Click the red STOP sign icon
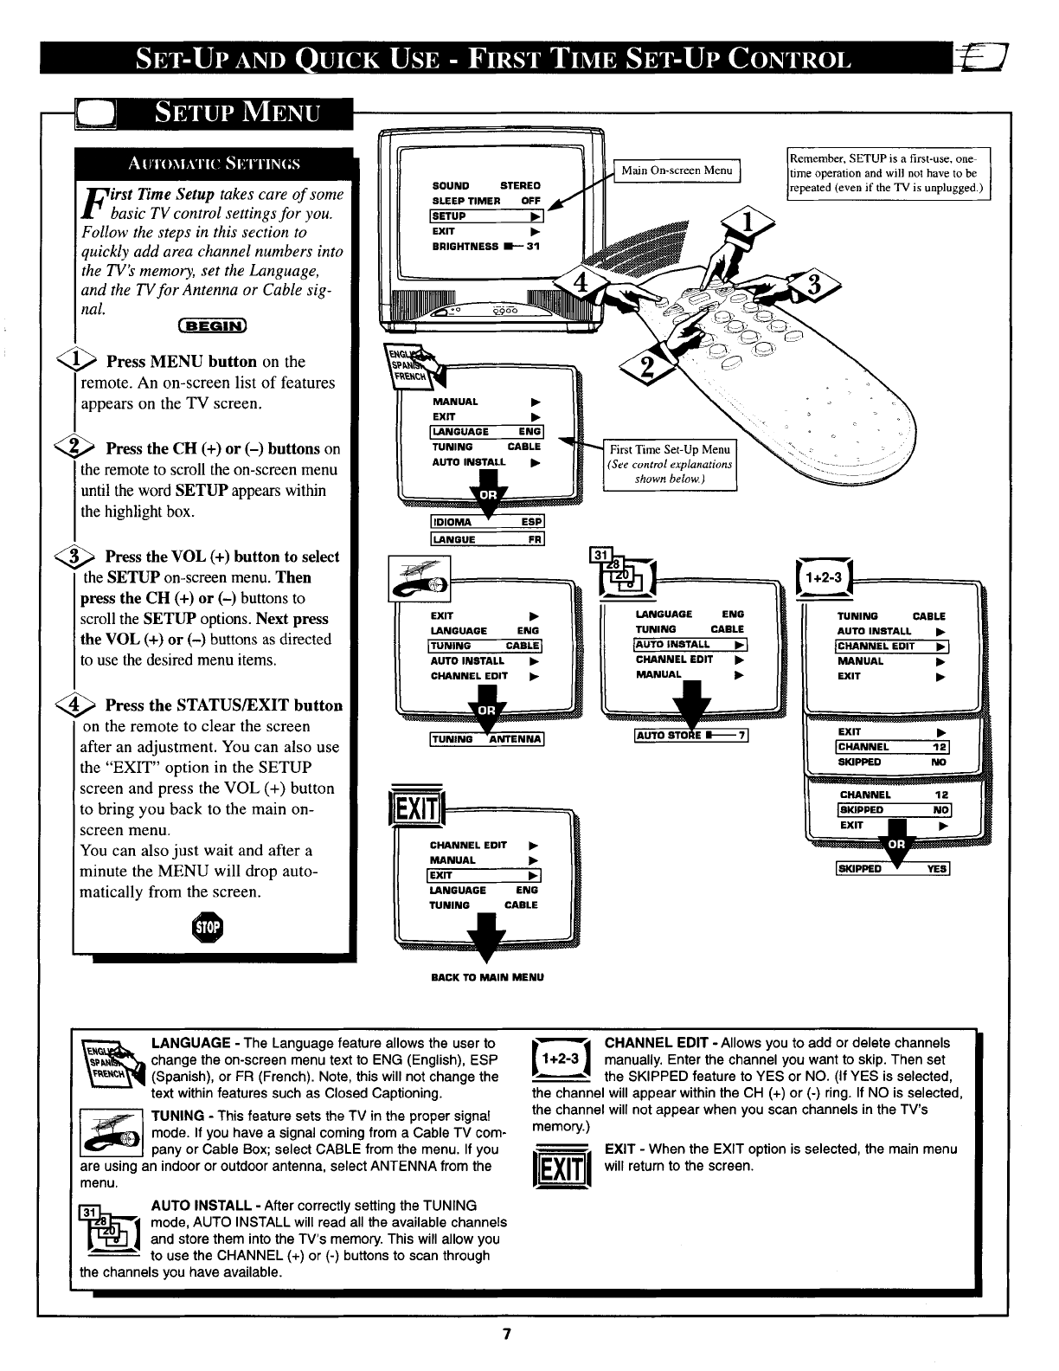tap(210, 928)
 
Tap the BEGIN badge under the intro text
tap(213, 325)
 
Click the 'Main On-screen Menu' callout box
tap(677, 171)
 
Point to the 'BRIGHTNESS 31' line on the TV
tap(485, 247)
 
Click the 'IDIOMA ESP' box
tap(487, 522)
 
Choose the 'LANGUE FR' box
tap(487, 540)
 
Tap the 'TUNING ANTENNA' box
tap(486, 738)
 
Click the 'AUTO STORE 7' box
tap(690, 737)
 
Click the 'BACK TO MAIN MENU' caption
tap(487, 977)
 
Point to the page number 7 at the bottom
tap(509, 1334)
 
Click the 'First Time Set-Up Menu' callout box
tap(671, 464)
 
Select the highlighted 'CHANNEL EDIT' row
tap(892, 646)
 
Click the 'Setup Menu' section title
tap(236, 113)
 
